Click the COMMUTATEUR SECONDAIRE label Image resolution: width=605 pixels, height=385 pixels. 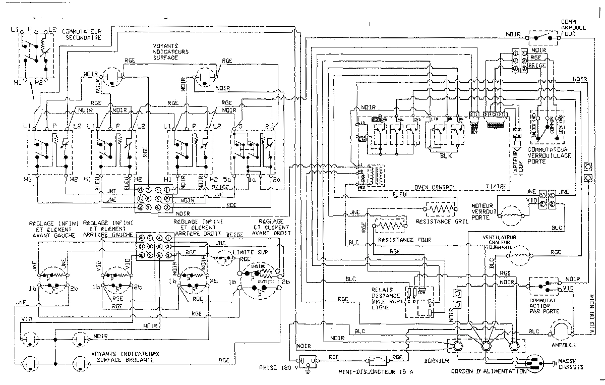pyautogui.click(x=82, y=34)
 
